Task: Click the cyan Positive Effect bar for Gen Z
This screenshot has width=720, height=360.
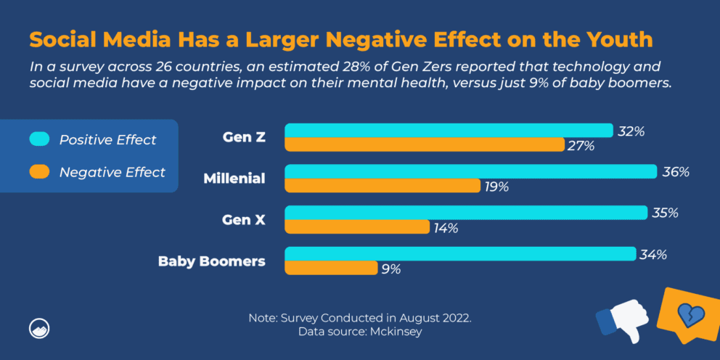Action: point(449,131)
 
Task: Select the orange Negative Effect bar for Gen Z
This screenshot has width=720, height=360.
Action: point(424,145)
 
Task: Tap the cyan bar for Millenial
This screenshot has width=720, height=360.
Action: point(471,172)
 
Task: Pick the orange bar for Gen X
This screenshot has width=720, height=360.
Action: point(357,227)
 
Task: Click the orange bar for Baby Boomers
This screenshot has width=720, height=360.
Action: point(331,268)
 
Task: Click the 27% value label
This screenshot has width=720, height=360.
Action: point(581,146)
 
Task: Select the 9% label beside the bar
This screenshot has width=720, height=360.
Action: point(391,269)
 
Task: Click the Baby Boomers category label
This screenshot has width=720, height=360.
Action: point(211,261)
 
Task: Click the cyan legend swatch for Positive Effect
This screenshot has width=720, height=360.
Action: point(39,139)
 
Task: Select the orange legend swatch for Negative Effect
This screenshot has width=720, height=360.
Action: point(39,172)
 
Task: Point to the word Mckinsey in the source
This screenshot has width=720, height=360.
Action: point(398,332)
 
